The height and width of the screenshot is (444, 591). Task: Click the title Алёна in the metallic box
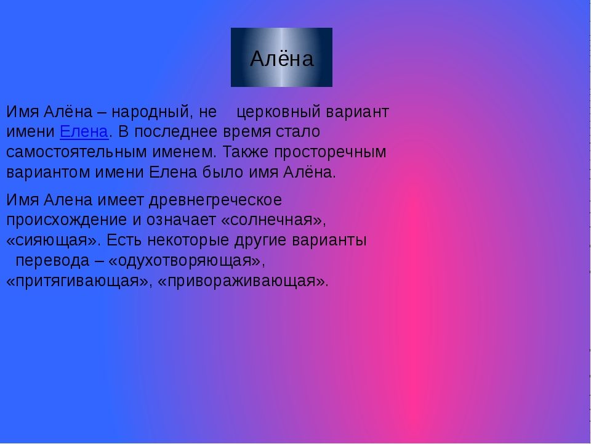pos(281,59)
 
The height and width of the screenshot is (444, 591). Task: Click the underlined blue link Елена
pos(84,132)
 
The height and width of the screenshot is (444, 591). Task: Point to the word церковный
pos(278,112)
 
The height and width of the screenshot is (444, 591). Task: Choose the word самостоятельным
pos(76,152)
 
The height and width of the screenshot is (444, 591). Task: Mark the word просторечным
pos(330,152)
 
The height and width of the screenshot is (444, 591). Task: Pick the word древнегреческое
pos(215,200)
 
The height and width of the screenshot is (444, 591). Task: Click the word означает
pos(181,220)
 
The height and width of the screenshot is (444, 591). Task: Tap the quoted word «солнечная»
pos(273,220)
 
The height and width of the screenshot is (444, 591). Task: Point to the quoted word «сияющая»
pos(54,240)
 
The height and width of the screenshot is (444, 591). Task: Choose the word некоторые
pos(188,240)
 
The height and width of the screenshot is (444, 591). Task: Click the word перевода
pos(52,261)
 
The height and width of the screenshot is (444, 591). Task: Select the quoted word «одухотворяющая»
pos(187,261)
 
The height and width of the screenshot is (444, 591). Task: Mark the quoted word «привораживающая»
pos(243,281)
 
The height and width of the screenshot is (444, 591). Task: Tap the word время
pos(247,132)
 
